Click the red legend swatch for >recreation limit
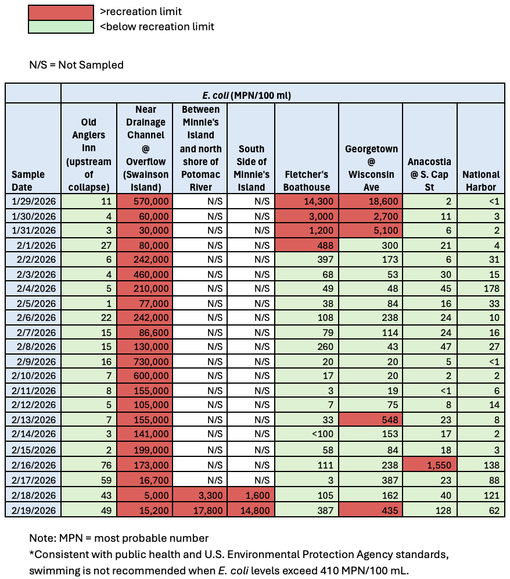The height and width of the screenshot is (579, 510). click(x=61, y=12)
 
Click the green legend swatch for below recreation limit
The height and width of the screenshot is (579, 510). click(x=61, y=27)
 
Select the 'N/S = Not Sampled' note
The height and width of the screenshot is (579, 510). click(x=76, y=65)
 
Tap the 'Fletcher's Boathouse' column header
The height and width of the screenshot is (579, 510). click(x=307, y=181)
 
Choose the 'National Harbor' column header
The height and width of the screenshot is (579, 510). click(x=480, y=181)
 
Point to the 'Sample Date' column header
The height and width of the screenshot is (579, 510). click(x=33, y=181)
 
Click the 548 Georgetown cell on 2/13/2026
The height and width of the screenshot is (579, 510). click(x=371, y=419)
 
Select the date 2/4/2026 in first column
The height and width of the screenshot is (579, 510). click(x=33, y=288)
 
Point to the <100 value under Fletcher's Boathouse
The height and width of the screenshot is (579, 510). click(x=307, y=434)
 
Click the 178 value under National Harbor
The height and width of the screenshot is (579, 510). click(x=480, y=288)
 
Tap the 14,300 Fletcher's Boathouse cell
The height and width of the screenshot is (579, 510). click(x=307, y=201)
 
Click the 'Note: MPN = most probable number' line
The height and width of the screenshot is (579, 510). click(x=119, y=538)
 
